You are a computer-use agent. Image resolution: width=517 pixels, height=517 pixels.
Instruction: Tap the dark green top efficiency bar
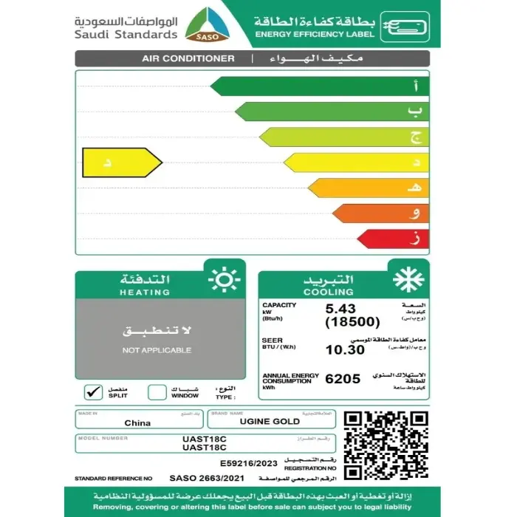tap(318, 86)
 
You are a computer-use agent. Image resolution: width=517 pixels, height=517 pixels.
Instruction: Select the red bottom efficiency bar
tap(391, 238)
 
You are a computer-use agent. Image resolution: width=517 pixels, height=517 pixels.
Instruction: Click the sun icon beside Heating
tap(223, 281)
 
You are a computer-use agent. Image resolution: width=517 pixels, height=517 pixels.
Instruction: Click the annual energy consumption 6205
tap(343, 379)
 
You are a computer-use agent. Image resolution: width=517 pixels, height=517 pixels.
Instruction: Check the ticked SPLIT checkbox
tap(94, 391)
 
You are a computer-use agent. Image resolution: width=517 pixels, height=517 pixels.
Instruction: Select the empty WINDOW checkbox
tap(157, 391)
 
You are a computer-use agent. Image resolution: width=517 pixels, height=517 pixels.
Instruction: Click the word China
tap(137, 422)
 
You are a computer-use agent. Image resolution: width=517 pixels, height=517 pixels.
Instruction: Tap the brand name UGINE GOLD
tap(270, 422)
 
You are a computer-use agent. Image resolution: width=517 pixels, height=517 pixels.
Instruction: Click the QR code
tap(386, 445)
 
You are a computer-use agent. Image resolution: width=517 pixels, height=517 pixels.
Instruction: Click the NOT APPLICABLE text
tap(157, 350)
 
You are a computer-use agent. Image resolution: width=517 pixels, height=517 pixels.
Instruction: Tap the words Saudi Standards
tap(126, 34)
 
